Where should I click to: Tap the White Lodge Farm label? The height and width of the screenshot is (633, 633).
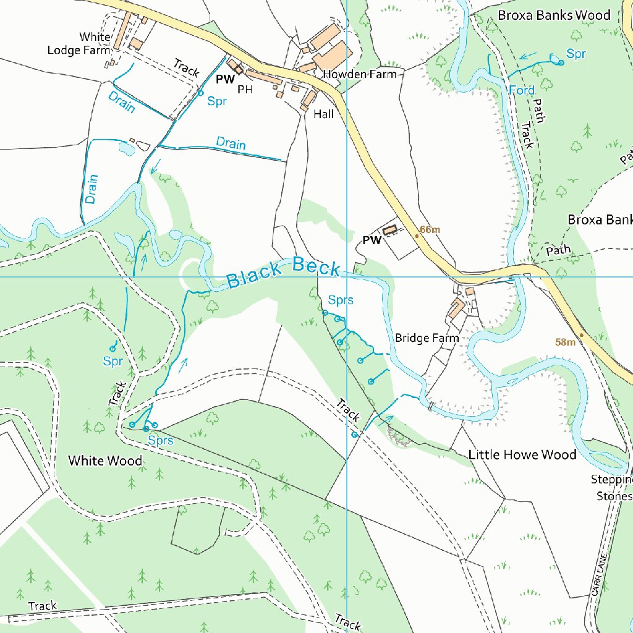(x=79, y=44)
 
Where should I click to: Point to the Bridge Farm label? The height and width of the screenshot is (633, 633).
(x=427, y=338)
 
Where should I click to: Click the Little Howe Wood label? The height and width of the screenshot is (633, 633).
(x=522, y=455)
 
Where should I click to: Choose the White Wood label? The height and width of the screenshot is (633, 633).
(x=104, y=461)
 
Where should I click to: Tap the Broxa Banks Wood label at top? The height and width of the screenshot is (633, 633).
(x=554, y=15)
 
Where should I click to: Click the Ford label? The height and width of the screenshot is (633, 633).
(x=521, y=90)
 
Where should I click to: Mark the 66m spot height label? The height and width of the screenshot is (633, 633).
(x=430, y=230)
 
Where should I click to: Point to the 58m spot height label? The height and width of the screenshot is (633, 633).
(x=565, y=342)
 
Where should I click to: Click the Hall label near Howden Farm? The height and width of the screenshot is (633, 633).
(x=323, y=114)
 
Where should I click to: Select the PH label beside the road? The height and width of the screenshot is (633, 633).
(x=245, y=90)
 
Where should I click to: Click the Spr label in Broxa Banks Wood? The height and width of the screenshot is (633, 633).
(x=576, y=54)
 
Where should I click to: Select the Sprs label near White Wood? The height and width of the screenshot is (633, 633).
(x=160, y=441)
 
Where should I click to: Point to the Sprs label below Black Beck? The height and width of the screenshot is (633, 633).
(x=341, y=300)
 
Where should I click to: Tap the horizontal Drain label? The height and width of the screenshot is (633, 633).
(x=231, y=143)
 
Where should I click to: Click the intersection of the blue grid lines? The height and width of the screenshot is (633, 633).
(x=347, y=276)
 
